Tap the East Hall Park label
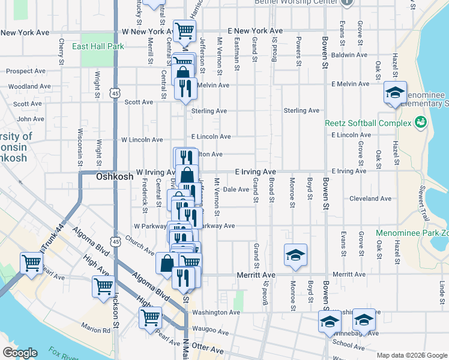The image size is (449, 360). pyautogui.click(x=97, y=46)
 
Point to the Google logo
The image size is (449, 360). pyautogui.click(x=20, y=353)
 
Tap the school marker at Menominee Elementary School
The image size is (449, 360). pyautogui.click(x=395, y=92)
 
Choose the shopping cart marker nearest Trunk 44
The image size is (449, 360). pyautogui.click(x=31, y=262)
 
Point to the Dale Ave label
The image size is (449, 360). pyautogui.click(x=236, y=190)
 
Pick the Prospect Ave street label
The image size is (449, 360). pyautogui.click(x=26, y=71)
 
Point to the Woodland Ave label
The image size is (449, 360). pyautogui.click(x=25, y=86)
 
